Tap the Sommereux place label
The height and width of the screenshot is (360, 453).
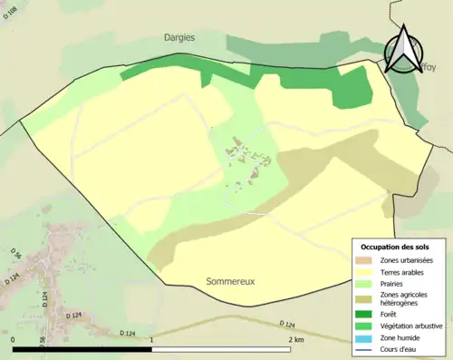[x=231, y=282]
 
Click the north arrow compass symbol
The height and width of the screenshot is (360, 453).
[x=403, y=50]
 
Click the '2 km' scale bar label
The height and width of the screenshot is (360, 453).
[x=295, y=339]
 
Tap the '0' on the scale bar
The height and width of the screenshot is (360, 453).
[x=14, y=339]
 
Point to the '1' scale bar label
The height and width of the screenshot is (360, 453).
[x=151, y=339]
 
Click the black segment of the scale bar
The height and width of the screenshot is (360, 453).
[x=82, y=349]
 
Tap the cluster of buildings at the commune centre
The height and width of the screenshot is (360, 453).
[x=245, y=159]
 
